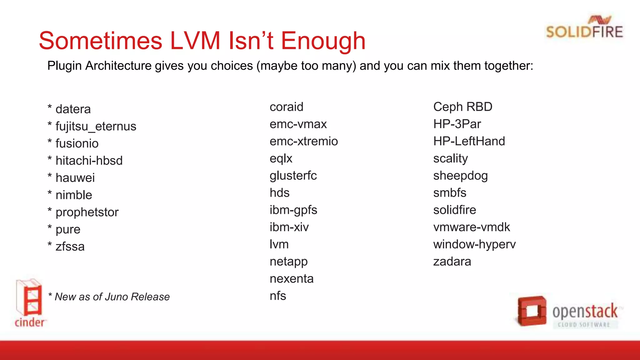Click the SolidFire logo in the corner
point(584,27)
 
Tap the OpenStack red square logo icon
point(532,311)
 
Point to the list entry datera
point(73,109)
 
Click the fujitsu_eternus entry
point(96,127)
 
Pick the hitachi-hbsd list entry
point(89,161)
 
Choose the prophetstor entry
point(87,212)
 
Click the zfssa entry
point(70,247)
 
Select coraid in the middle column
point(286,107)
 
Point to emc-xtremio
point(303,142)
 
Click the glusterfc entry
point(293,176)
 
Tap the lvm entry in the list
point(279,244)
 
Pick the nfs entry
point(278,296)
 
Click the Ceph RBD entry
point(462,107)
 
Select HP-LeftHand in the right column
point(469,142)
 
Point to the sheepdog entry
point(460,176)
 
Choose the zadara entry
point(452,262)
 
